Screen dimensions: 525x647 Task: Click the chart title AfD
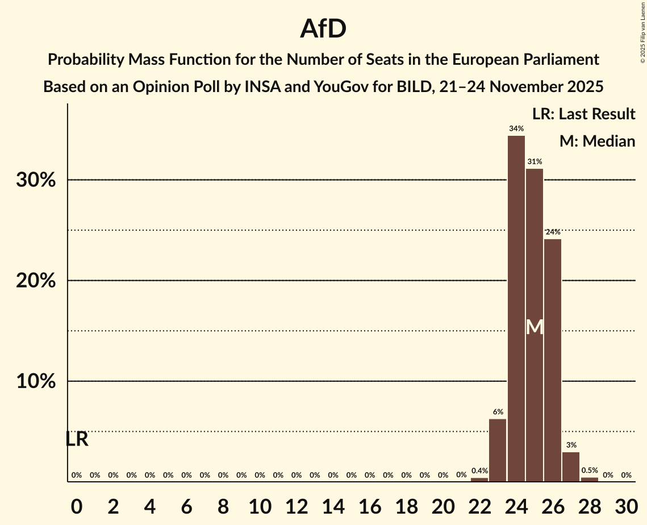(323, 28)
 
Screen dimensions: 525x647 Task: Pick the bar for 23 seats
(498, 450)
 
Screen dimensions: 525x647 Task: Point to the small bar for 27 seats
(571, 466)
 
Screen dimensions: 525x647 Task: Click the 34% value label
(516, 129)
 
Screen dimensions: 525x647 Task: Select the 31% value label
(535, 162)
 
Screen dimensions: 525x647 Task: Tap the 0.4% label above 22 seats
(479, 471)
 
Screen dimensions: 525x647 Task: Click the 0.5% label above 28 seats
(590, 471)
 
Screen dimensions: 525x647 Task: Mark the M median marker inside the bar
(535, 327)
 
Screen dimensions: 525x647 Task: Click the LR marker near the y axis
(77, 439)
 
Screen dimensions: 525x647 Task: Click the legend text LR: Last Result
(583, 114)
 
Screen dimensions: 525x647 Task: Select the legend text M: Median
(597, 141)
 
